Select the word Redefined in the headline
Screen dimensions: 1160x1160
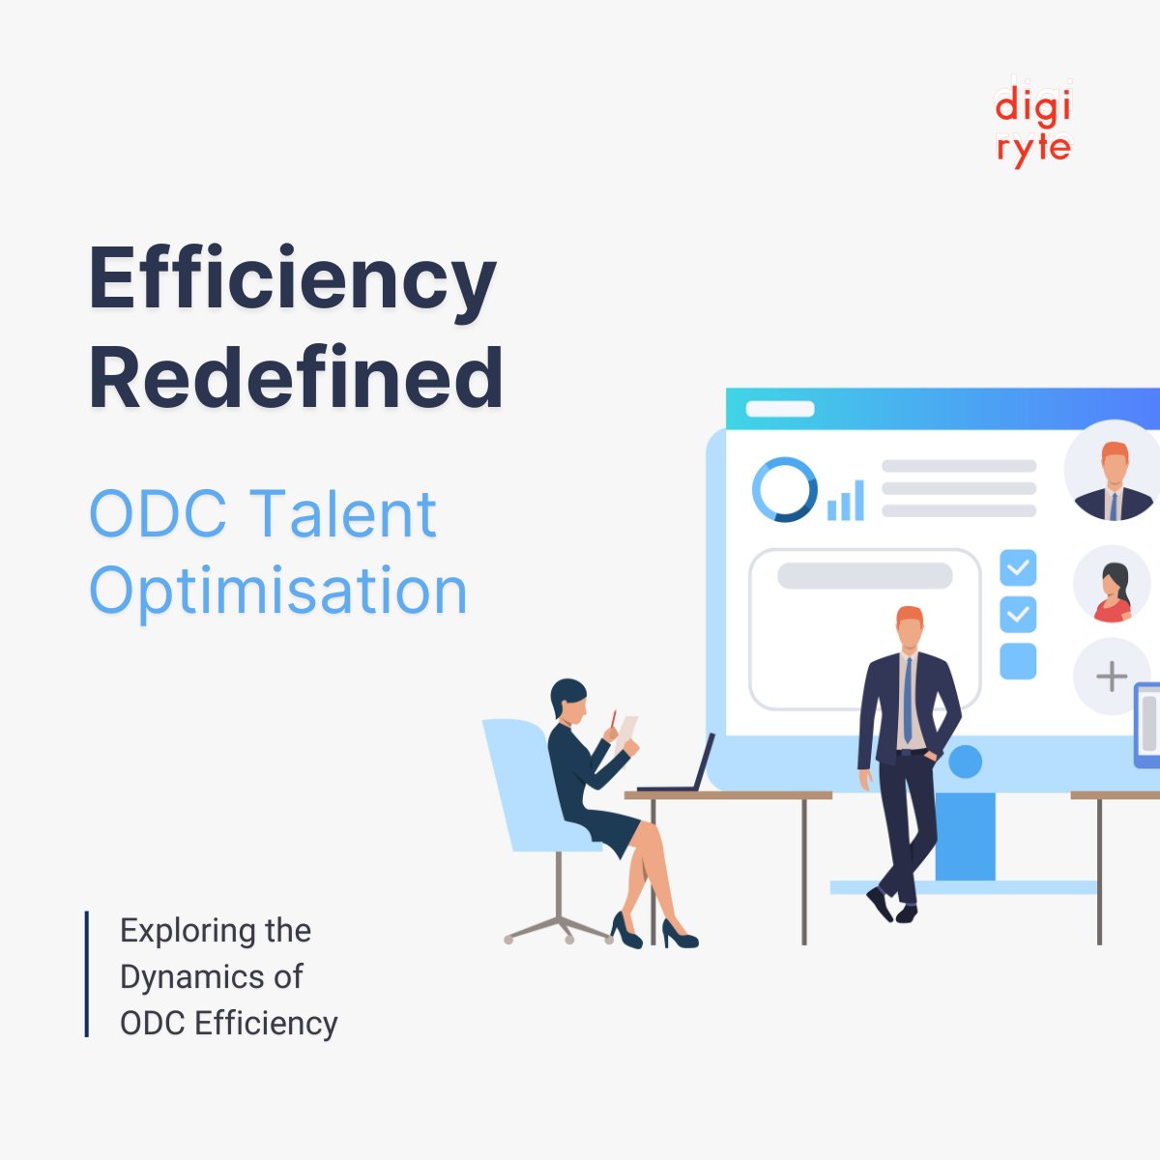point(296,378)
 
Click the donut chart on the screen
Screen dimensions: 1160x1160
point(784,489)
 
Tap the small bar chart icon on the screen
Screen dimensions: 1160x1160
point(846,501)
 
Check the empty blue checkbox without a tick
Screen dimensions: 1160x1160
point(1018,661)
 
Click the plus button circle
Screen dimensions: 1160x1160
point(1112,676)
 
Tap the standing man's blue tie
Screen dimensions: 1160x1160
point(908,700)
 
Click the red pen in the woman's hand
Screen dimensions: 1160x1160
point(613,719)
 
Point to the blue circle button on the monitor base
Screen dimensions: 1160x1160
point(965,762)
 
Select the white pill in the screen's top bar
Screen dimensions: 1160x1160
point(780,409)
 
